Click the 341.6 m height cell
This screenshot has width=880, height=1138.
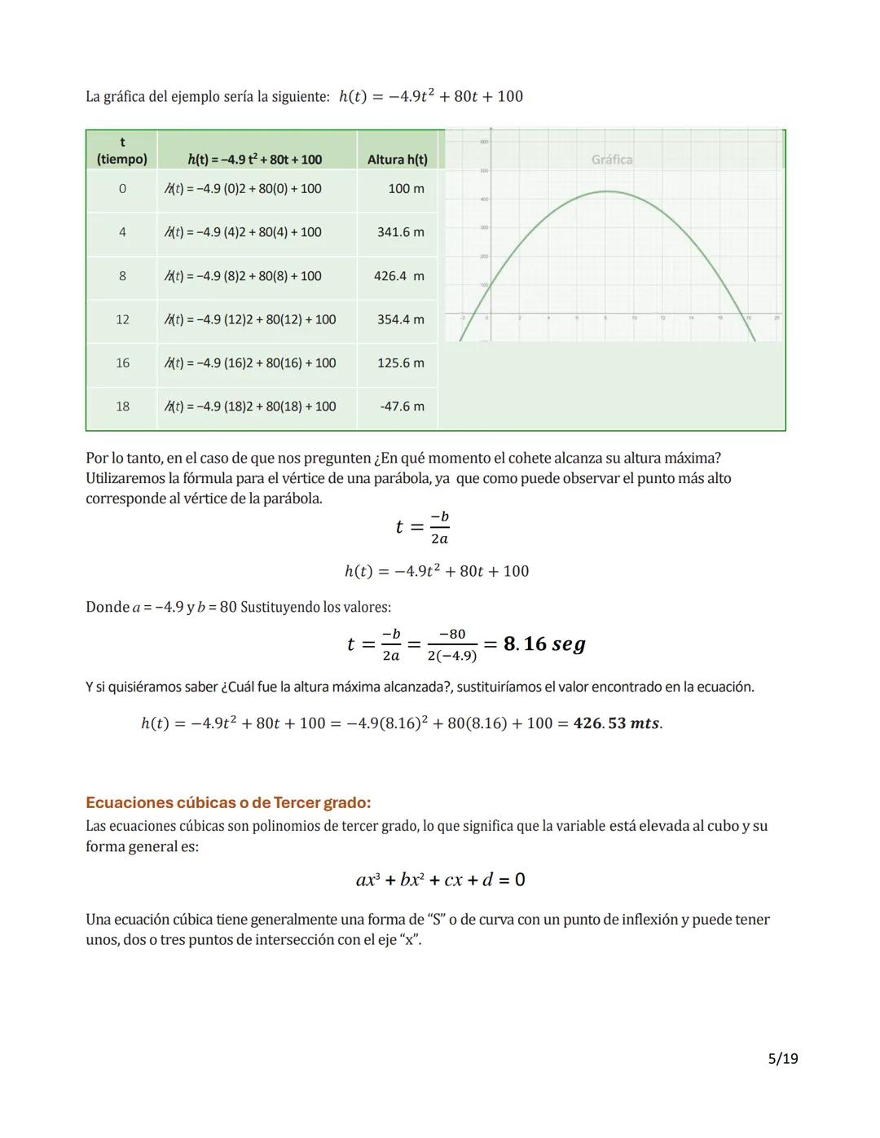click(x=400, y=232)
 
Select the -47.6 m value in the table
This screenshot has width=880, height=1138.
click(x=402, y=406)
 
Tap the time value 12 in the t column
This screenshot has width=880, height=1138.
click(x=122, y=319)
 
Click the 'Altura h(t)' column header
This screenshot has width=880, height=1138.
click(x=397, y=160)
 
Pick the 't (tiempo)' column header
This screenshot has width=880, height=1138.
click(x=122, y=151)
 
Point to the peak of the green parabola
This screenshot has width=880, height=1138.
click(x=607, y=191)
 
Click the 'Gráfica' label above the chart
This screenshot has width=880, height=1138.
click(x=612, y=160)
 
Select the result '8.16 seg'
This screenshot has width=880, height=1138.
click(x=544, y=644)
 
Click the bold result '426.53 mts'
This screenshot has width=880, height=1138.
click(x=617, y=723)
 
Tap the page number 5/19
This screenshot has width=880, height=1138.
click(x=783, y=1059)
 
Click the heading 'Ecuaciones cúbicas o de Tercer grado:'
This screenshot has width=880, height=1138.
click(x=228, y=802)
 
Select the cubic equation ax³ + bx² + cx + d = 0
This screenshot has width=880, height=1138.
click(x=440, y=880)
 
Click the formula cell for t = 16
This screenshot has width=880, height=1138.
click(x=251, y=363)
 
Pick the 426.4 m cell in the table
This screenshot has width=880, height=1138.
click(x=398, y=276)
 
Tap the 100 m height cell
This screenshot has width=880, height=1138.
click(x=406, y=189)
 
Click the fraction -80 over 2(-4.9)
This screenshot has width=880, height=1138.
click(x=452, y=644)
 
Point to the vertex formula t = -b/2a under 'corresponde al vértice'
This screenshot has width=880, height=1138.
click(x=422, y=528)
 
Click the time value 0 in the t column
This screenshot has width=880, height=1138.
click(x=122, y=189)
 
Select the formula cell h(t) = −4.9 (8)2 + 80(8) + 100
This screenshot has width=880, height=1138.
click(x=244, y=276)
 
